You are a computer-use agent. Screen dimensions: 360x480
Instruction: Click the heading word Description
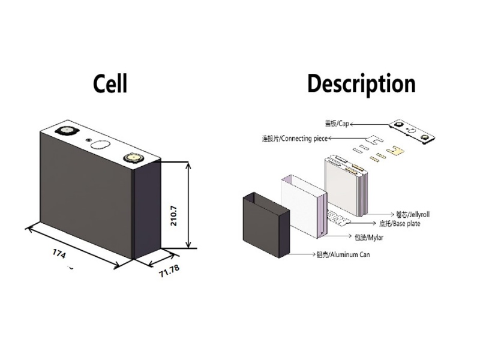coord(361,83)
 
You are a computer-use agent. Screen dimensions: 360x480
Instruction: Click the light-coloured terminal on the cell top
coord(131,158)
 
